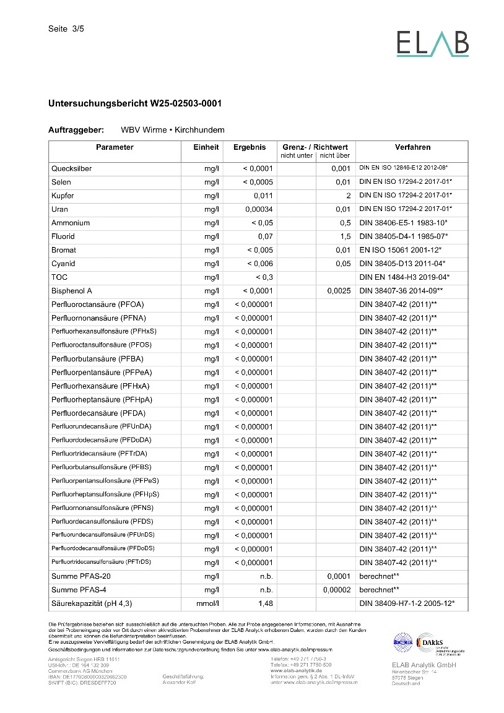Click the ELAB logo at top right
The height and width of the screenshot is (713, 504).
point(432,43)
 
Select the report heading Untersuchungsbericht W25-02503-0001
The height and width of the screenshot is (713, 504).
point(135,103)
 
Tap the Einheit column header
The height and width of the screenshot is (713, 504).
point(206,147)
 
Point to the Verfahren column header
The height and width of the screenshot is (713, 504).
point(412,147)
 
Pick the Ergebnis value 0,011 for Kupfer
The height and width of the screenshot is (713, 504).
point(263,196)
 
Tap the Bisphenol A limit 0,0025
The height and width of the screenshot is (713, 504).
point(339,291)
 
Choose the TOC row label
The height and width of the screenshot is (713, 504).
point(59,277)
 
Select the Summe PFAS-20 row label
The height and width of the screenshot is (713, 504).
point(81,576)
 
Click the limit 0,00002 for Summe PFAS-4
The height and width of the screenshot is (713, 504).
point(337,590)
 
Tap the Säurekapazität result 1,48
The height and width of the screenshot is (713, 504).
point(265,603)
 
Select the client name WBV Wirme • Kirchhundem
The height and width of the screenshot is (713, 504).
point(173,131)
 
